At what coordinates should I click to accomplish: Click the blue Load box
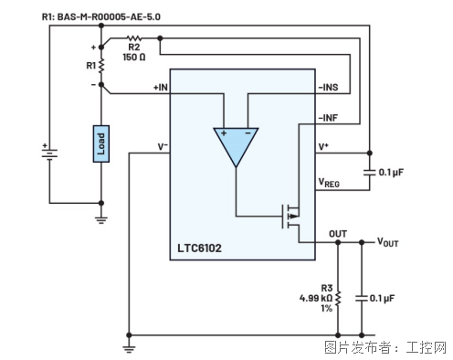[101, 143]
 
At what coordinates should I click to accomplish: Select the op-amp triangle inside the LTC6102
[236, 143]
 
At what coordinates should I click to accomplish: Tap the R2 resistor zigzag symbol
[134, 38]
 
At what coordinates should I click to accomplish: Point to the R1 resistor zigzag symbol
[101, 66]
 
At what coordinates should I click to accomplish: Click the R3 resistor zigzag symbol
[338, 298]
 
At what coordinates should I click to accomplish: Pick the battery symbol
[49, 152]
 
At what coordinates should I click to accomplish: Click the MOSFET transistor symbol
[290, 217]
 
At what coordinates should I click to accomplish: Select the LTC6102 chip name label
[199, 249]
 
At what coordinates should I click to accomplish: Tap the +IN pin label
[161, 88]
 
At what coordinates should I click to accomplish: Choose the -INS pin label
[328, 88]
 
